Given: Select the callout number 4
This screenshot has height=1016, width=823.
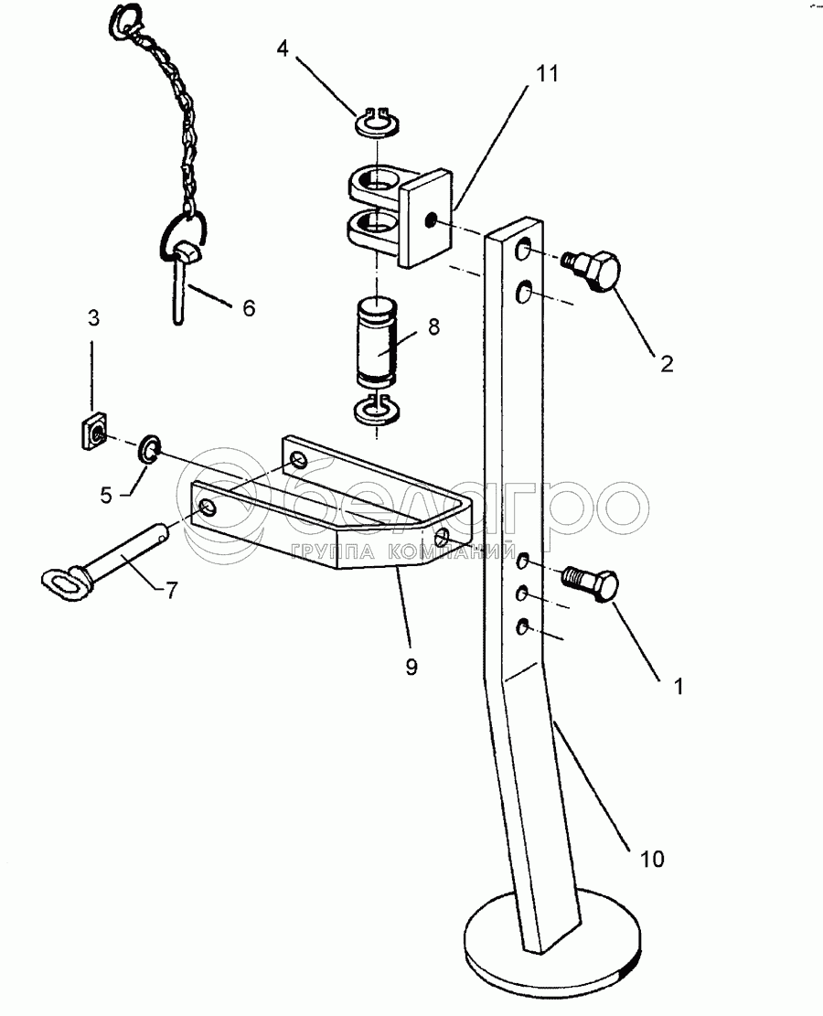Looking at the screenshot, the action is point(283,48).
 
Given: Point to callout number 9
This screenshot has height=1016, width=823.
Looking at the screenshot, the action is point(411,668).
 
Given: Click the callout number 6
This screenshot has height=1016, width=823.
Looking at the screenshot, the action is point(248,308).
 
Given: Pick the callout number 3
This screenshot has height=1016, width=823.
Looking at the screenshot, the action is point(93,318).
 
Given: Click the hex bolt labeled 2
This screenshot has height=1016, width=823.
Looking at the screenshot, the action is point(596,271).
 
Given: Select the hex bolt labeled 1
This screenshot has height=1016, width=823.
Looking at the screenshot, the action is point(595,582).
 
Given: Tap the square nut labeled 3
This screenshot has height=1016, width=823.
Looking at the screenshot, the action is point(92,431).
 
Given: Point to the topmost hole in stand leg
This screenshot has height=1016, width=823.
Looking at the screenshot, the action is point(524,251).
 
